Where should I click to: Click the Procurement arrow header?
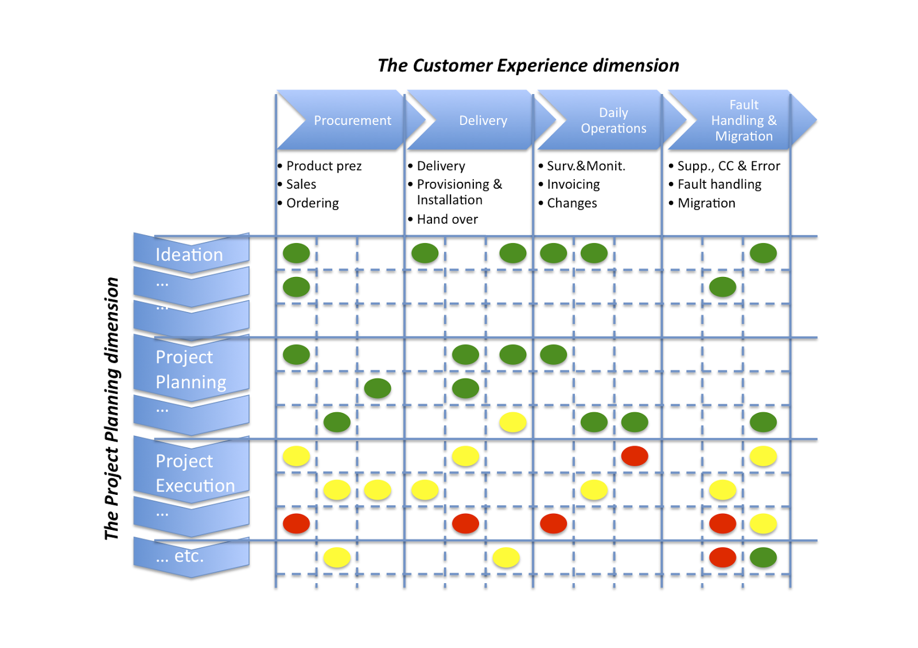pyautogui.click(x=352, y=120)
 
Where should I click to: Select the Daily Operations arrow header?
pyautogui.click(x=613, y=120)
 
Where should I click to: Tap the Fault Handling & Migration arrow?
pyautogui.click(x=743, y=120)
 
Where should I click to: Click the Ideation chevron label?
pyautogui.click(x=189, y=254)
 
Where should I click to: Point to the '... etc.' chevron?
pyautogui.click(x=180, y=556)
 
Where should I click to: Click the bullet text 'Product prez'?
pyautogui.click(x=324, y=166)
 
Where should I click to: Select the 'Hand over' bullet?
pyautogui.click(x=447, y=219)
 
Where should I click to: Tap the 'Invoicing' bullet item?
pyautogui.click(x=573, y=184)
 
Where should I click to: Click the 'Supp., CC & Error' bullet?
pyautogui.click(x=728, y=166)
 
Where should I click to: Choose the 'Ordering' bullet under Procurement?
pyautogui.click(x=312, y=203)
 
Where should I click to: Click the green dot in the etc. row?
pyautogui.click(x=763, y=557)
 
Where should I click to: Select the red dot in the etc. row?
pyautogui.click(x=722, y=557)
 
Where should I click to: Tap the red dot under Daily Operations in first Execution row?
pyautogui.click(x=635, y=456)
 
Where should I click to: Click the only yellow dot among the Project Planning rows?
pyautogui.click(x=512, y=423)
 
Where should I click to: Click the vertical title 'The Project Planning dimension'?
pyautogui.click(x=112, y=408)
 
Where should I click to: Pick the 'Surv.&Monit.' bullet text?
pyautogui.click(x=586, y=166)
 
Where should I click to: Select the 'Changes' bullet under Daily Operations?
pyautogui.click(x=571, y=203)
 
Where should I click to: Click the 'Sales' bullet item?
pyautogui.click(x=301, y=184)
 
